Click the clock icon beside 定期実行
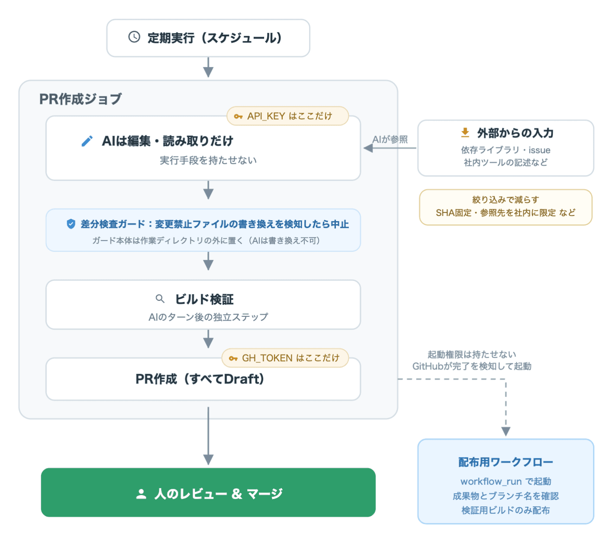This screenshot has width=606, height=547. point(134,37)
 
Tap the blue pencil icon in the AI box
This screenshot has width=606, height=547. point(87,141)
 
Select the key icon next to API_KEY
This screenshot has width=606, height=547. point(238,117)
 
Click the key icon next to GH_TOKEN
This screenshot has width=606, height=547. point(233,358)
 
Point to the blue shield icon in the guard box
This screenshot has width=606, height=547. point(71,224)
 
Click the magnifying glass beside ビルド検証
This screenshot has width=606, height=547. point(160,299)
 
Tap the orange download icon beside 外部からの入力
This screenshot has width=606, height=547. point(465,133)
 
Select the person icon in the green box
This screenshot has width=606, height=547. point(141,494)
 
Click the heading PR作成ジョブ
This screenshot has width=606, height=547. point(81,99)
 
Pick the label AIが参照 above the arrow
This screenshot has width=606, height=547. point(390,139)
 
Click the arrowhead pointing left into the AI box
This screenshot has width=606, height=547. point(368,148)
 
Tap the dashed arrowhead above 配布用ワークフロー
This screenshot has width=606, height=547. point(506,431)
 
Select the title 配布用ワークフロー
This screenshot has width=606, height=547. point(506,462)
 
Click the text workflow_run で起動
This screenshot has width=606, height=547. point(506,482)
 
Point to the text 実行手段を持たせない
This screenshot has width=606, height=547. point(208,160)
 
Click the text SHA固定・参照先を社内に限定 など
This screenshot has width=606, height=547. point(506,213)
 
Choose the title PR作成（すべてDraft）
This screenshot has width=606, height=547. point(200,379)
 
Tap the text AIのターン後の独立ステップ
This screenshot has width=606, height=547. point(208,317)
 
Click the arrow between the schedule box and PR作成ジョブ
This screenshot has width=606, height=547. point(208,67)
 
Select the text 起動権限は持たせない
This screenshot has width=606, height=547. point(471,354)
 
